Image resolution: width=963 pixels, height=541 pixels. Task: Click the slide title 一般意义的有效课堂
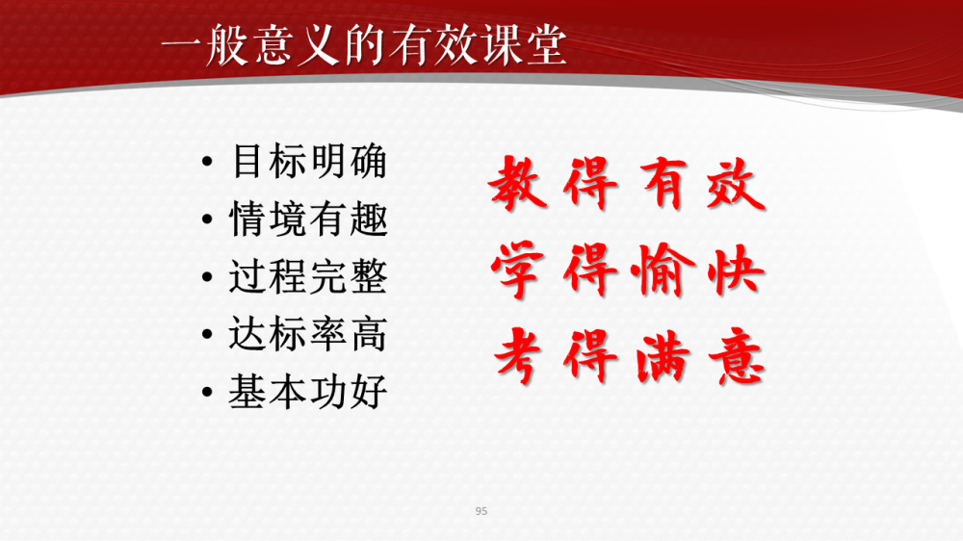[x=363, y=45]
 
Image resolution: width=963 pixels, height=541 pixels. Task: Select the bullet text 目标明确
[x=309, y=162]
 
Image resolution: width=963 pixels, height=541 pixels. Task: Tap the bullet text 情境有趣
[x=308, y=219]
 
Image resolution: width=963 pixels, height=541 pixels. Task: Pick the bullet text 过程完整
[x=308, y=276]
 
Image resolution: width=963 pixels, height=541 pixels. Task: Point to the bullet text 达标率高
[x=308, y=334]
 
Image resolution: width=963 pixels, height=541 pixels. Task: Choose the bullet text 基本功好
[x=308, y=391]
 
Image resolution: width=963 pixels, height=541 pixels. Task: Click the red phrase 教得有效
[x=627, y=184]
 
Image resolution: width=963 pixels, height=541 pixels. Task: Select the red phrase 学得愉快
[x=628, y=270]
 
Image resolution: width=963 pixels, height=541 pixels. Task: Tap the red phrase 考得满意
[x=629, y=356]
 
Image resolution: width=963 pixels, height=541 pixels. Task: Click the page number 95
[x=481, y=511]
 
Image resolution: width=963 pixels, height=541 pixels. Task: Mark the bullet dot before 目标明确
[x=207, y=162]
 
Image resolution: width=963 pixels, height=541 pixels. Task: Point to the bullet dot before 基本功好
[x=207, y=392]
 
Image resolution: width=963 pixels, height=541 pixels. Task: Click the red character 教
[x=518, y=182]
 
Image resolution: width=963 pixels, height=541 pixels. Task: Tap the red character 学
[x=518, y=270]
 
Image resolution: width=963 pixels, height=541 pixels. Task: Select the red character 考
[x=518, y=356]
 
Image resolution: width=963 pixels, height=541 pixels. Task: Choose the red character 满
[x=664, y=356]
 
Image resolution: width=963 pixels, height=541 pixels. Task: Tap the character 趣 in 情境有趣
[x=369, y=219]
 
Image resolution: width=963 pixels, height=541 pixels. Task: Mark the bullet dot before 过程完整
[x=207, y=277]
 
